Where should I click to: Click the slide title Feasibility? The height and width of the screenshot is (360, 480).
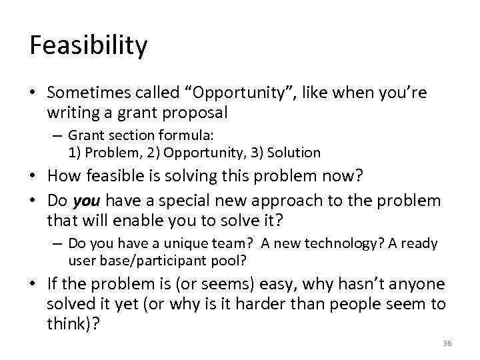click(x=89, y=46)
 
